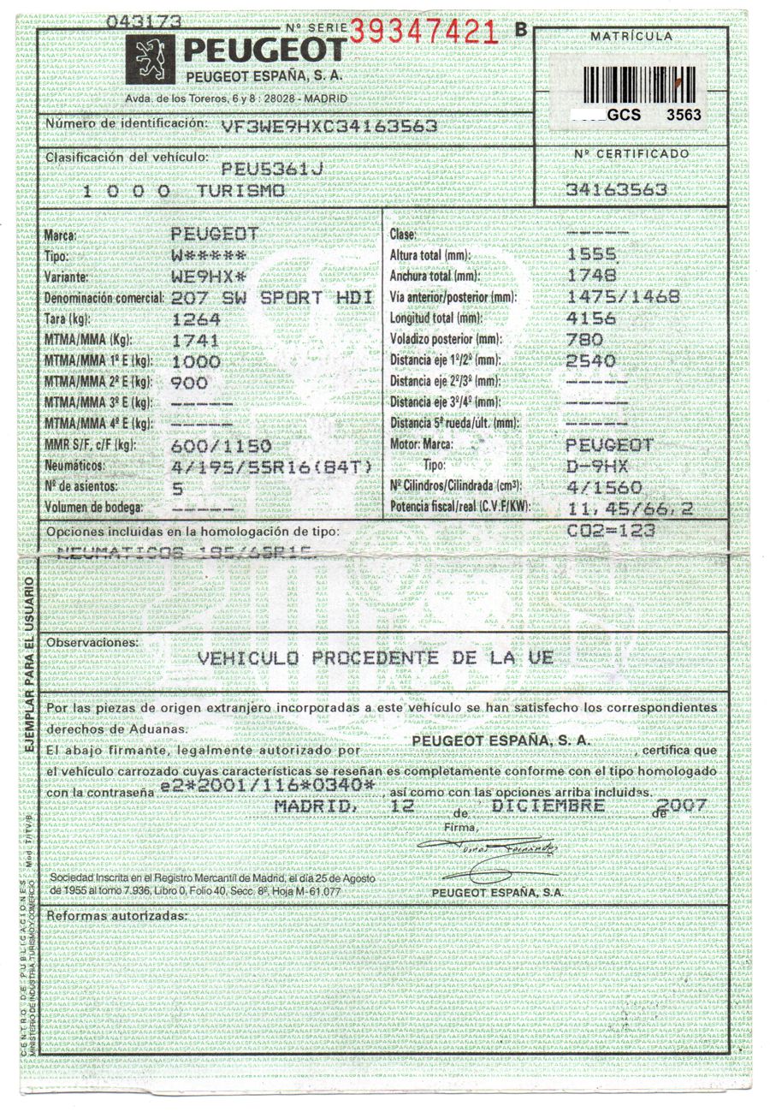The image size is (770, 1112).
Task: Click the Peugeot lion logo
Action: coord(151,59)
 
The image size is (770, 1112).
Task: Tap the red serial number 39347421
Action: coord(423,32)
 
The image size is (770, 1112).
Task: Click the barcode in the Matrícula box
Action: coord(637,84)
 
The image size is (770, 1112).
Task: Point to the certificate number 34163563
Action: coord(616,189)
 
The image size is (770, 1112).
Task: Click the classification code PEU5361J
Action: coord(271,168)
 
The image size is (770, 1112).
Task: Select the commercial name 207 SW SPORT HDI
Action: coord(272,298)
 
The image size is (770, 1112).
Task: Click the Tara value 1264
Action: coord(196,319)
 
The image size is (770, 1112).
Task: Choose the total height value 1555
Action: coord(591,254)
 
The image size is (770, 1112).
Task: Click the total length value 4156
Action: coord(591,318)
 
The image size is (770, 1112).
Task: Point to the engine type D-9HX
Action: coord(598,467)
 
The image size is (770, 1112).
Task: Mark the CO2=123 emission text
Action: coord(611,530)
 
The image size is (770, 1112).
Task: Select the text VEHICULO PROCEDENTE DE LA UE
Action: coord(375,657)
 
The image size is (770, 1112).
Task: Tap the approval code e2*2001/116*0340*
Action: coord(267,786)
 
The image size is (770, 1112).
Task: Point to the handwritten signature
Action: coord(488,848)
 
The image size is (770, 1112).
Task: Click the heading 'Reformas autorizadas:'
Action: coord(116,916)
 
